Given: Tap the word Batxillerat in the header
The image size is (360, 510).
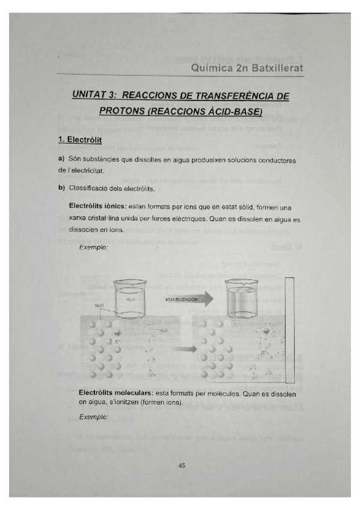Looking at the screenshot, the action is (x=273, y=68).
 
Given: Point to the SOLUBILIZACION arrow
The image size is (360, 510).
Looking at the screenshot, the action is (x=188, y=298).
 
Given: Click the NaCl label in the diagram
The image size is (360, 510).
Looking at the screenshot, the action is (x=100, y=306).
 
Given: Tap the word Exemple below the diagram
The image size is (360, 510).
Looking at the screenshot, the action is (x=94, y=416).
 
